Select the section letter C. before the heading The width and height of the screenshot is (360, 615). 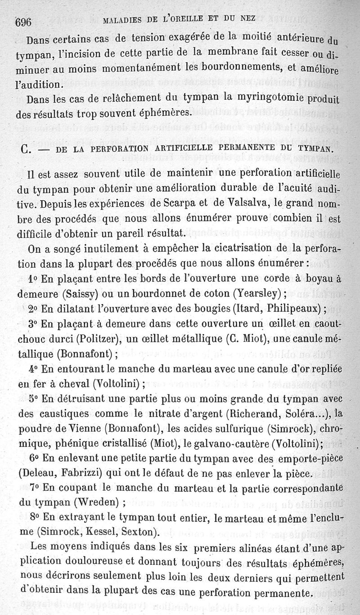26,148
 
